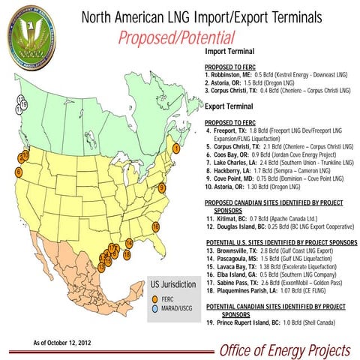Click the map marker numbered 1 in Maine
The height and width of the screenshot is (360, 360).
tap(176, 148)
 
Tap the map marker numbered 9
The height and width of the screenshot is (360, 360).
tap(162, 187)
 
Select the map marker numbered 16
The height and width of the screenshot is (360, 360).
tap(156, 226)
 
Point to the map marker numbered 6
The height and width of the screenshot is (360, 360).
tap(19, 172)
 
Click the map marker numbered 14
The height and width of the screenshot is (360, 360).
tap(130, 242)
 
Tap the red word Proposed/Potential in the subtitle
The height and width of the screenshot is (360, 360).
tap(176, 37)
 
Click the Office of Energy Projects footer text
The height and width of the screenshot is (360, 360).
tap(284, 350)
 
